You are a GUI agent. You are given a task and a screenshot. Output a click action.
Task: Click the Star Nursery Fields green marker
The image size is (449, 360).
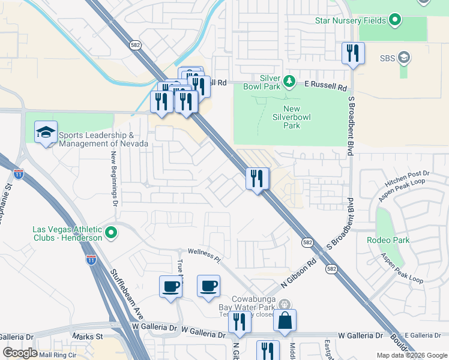[x=394, y=20]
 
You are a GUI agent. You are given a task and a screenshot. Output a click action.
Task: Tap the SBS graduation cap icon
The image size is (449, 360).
[x=405, y=58]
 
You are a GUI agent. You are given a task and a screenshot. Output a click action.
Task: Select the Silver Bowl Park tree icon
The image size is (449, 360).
[x=289, y=80]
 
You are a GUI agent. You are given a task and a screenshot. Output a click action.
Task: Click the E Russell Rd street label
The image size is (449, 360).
[x=326, y=87]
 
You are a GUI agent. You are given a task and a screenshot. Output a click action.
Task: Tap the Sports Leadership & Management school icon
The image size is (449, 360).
[x=46, y=133]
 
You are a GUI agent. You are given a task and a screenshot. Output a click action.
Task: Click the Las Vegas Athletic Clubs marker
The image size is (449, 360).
[x=110, y=232]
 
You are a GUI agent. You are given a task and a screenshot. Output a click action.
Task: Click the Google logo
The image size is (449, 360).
[x=20, y=353]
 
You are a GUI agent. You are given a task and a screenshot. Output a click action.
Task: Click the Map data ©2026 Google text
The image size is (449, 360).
[x=411, y=355]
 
